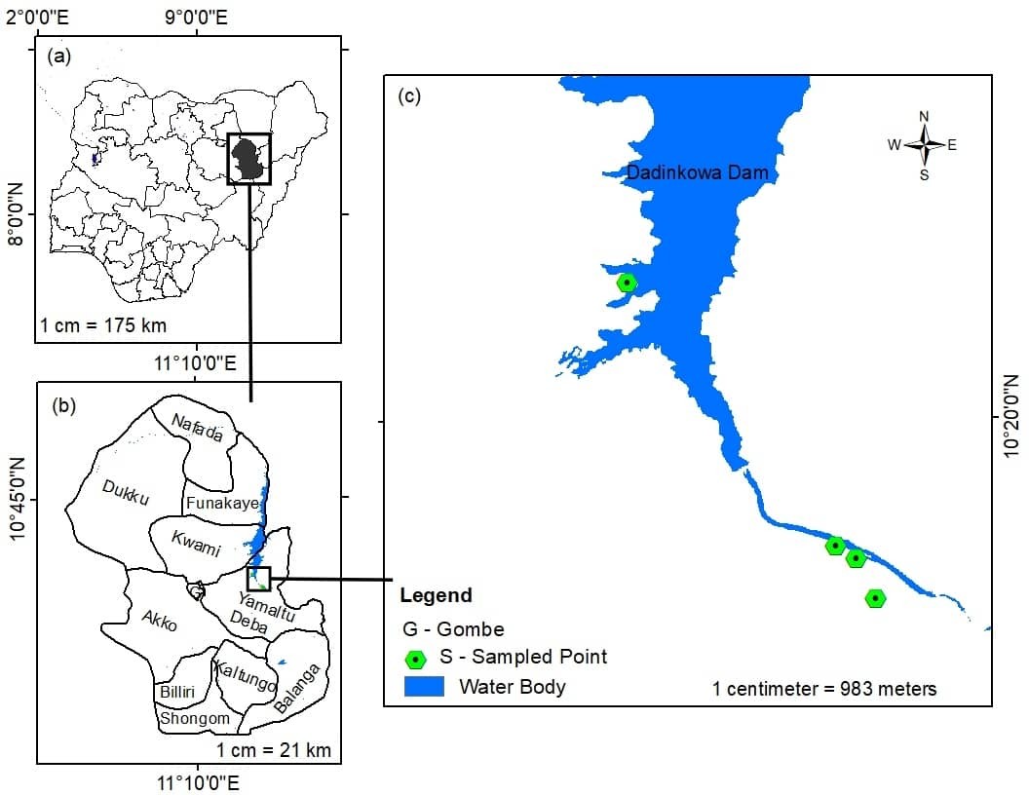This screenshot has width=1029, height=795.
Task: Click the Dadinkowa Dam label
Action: coord(698,172)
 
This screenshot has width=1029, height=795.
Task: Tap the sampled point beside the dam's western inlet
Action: coord(627,284)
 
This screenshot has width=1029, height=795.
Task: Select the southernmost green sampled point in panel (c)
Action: coord(876,598)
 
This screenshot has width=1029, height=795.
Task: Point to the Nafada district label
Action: coord(197,428)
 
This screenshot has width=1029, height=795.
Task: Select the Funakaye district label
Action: coord(222,503)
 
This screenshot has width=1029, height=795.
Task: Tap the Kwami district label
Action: coord(196,542)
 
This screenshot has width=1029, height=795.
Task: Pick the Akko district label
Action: coord(159,620)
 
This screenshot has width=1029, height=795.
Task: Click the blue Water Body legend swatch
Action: coord(424,686)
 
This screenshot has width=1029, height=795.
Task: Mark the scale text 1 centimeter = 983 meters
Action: coord(824,689)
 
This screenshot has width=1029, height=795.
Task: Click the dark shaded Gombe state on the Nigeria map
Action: coord(249,158)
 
